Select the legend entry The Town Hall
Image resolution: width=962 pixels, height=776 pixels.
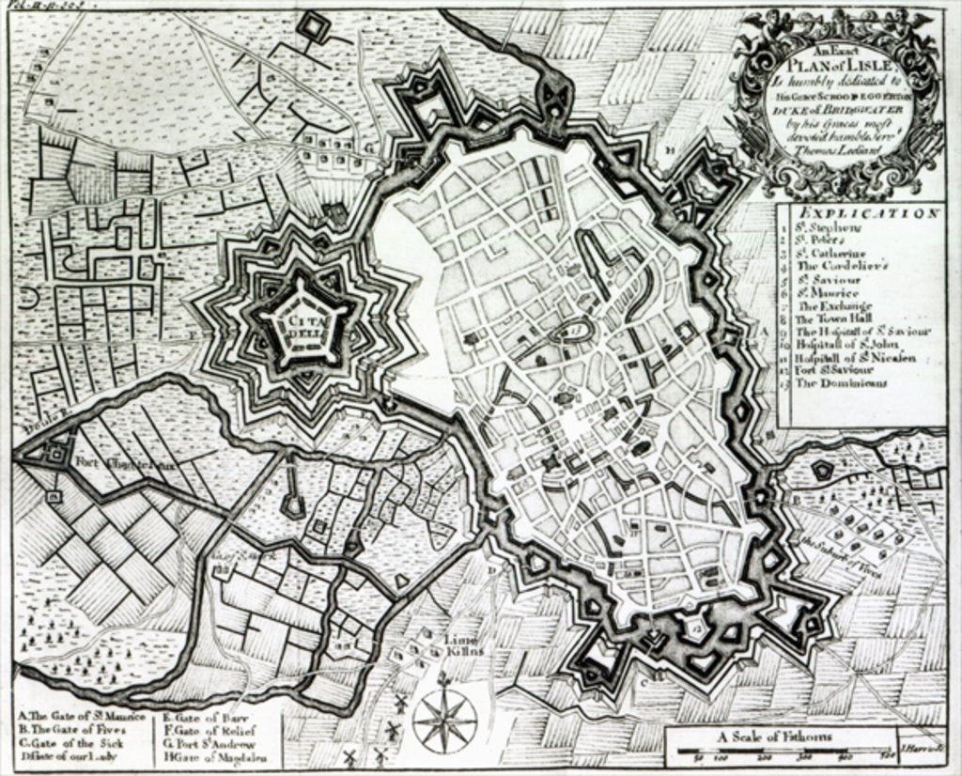pos(832,319)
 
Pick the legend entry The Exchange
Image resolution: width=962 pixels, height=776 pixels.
pos(833,306)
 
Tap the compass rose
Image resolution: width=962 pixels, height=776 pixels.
pos(444,720)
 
